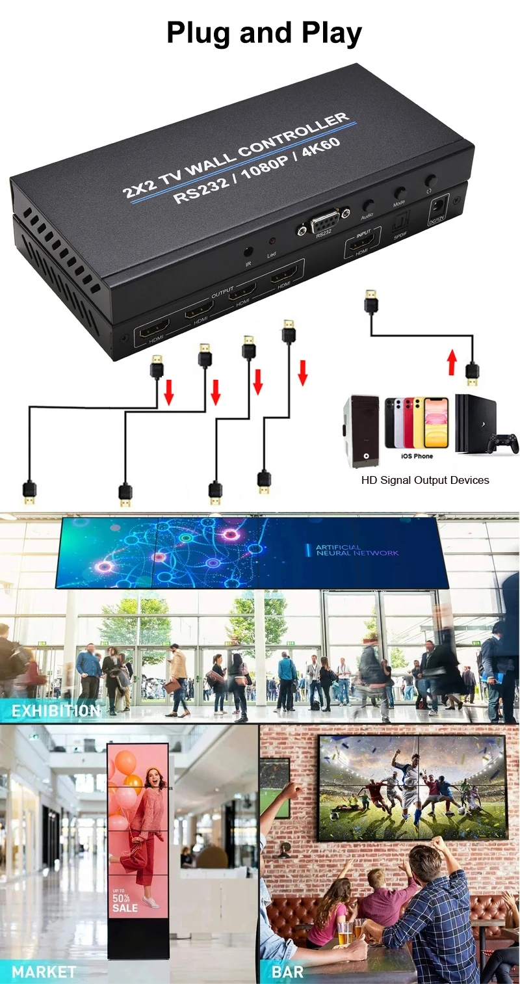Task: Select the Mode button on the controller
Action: pyautogui.click(x=400, y=193)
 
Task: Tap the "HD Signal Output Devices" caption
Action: pyautogui.click(x=425, y=480)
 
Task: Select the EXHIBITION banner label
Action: pyautogui.click(x=56, y=711)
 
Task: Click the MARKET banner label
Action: pyautogui.click(x=44, y=972)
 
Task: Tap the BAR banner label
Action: pyautogui.click(x=287, y=972)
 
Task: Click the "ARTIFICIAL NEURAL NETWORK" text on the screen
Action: pyautogui.click(x=357, y=550)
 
